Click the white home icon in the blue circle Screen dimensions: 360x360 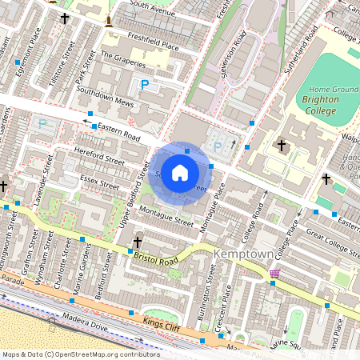point(180,172)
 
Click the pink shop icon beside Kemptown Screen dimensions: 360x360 point(275,274)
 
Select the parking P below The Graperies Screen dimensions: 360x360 point(145,84)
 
